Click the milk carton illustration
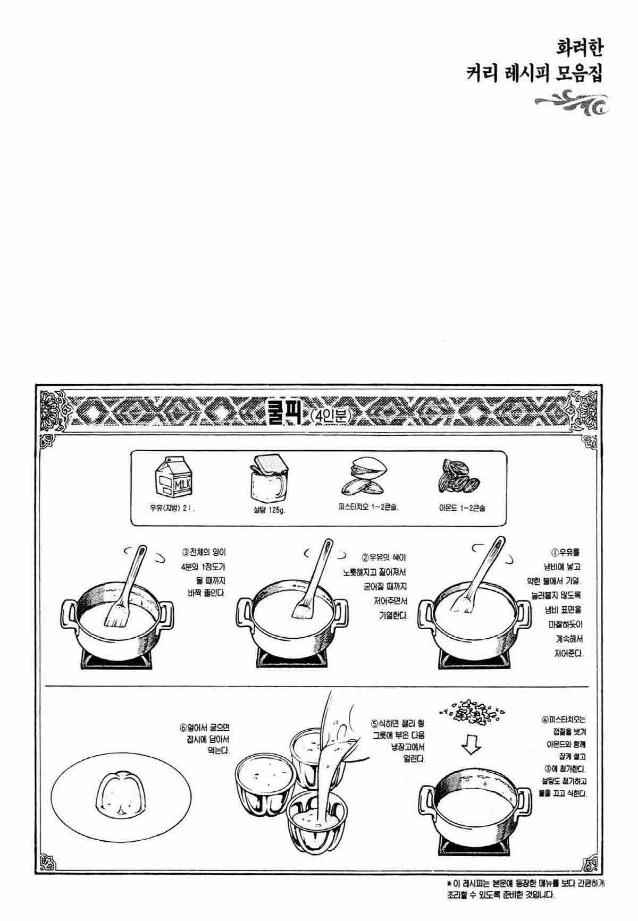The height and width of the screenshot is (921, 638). pos(172,477)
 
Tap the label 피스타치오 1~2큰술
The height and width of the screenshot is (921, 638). pos(368,508)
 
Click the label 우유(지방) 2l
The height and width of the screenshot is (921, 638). pos(172,508)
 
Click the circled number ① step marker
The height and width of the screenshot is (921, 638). pos(555,552)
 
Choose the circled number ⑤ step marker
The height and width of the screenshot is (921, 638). pos(375,723)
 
